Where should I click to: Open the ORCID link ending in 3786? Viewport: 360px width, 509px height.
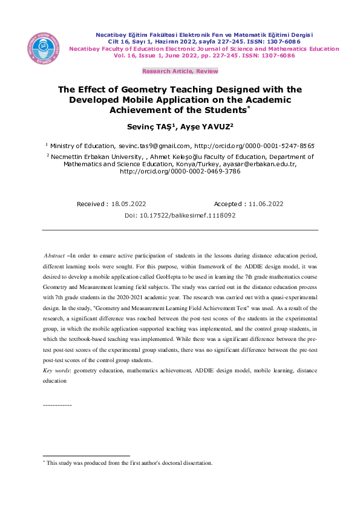click(180, 171)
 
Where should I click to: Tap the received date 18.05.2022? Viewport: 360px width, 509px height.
click(129, 204)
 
